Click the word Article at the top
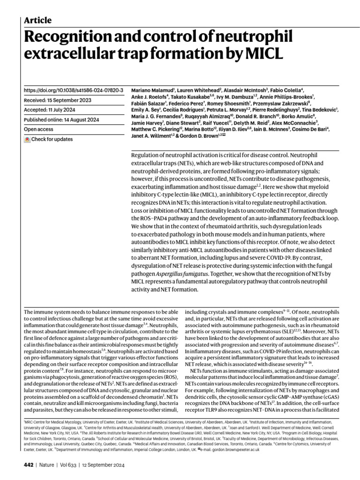pos(37,20)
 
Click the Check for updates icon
pos(28,140)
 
